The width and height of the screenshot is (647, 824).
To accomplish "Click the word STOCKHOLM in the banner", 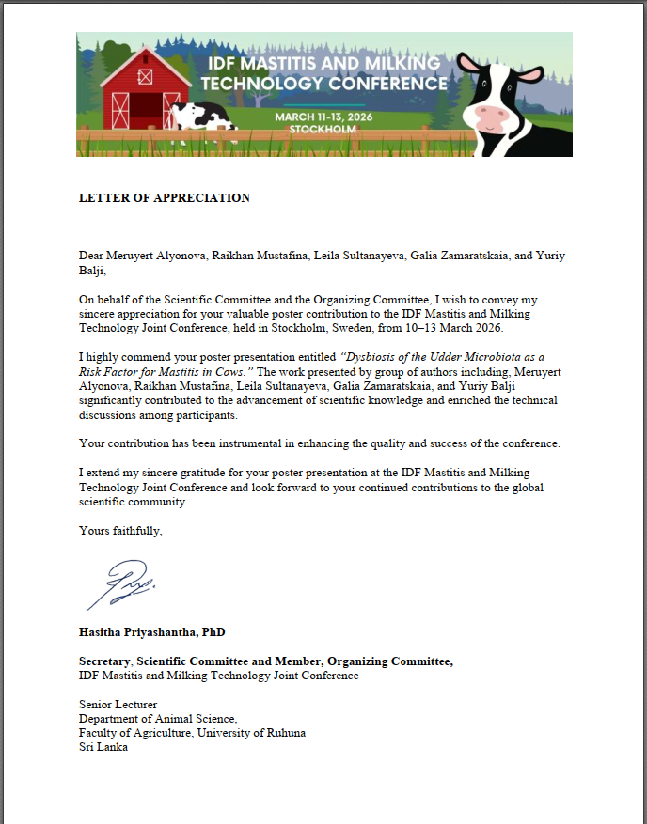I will coord(323,129).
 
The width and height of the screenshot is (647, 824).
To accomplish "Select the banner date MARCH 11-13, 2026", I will coord(323,116).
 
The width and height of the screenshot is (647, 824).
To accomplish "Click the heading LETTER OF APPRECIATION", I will coord(165,198).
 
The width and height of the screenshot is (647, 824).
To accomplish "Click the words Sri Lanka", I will coord(103,747).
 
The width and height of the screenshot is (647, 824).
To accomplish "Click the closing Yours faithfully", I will coord(120,531).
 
